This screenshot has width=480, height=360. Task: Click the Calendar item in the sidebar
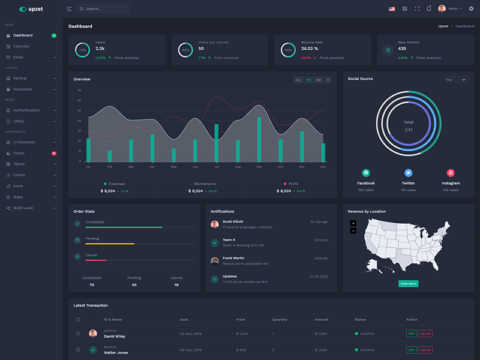tap(21, 46)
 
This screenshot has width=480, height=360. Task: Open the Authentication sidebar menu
tap(26, 110)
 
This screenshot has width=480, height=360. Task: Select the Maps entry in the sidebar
tap(18, 197)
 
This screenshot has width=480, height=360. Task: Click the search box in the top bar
tap(105, 9)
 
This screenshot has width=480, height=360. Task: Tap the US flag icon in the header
tap(392, 9)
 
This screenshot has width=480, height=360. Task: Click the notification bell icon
tap(428, 9)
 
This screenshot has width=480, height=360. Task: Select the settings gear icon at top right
tap(471, 9)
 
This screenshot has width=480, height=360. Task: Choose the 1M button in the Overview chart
tap(308, 80)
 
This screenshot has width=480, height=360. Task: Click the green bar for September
tap(259, 139)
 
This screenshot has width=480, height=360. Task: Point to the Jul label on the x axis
tap(216, 167)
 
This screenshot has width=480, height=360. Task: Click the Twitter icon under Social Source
tap(409, 173)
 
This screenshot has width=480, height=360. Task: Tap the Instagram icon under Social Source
tap(451, 173)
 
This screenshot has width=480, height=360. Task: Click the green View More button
tap(408, 283)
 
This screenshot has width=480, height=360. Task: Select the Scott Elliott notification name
tap(234, 222)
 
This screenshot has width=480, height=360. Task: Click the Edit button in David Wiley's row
tap(411, 334)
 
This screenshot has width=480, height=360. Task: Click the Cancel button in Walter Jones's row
tap(425, 350)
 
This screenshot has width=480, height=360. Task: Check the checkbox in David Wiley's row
tap(78, 334)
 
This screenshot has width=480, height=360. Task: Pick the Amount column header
tap(322, 319)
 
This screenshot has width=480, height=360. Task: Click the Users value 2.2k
tap(100, 49)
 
